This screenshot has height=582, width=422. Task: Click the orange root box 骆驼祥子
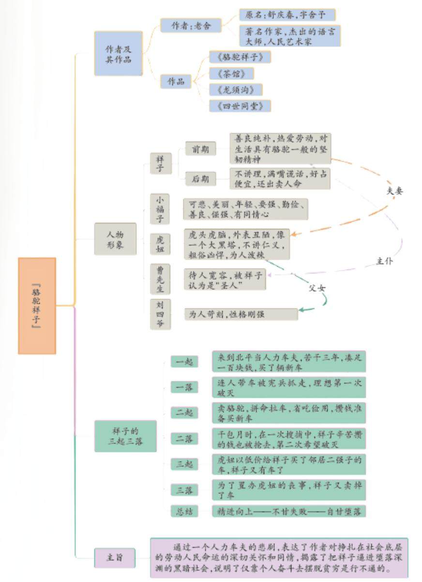pos(37,305)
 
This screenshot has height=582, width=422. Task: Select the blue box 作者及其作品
pos(118,53)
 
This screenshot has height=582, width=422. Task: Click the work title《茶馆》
pos(231,74)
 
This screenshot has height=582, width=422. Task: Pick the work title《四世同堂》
pos(240,106)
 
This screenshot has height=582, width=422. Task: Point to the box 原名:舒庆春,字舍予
pos(287,15)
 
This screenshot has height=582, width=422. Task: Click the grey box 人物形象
pos(115,239)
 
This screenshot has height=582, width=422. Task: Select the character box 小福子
pos(160,209)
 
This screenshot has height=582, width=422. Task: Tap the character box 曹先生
pos(160,279)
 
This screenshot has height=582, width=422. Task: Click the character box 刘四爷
pos(160,314)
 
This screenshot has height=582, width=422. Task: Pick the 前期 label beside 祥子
pos(200,149)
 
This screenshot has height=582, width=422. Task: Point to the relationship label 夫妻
pos(394,191)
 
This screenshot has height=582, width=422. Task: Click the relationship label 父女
pos(317,287)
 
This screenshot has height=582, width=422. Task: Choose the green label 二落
pos(184,439)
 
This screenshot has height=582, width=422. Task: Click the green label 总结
pos(184,511)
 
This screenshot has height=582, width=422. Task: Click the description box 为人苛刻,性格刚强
pos(241,314)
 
